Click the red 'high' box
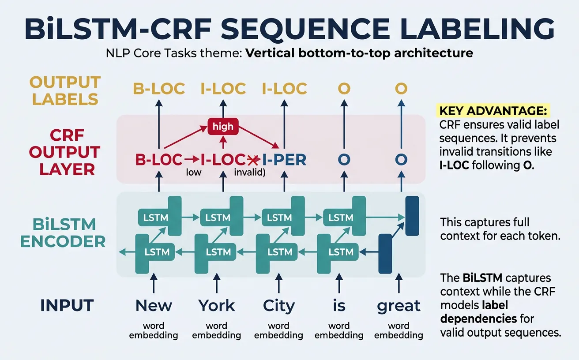point(223,127)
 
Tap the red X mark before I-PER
point(253,160)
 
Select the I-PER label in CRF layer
point(284,160)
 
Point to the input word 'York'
point(216,305)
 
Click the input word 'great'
point(399,305)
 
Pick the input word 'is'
point(339,305)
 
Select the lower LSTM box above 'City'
point(279,252)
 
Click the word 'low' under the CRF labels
point(193,172)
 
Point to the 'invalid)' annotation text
point(249,172)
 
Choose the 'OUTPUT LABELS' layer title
point(65,90)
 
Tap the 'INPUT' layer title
point(67,305)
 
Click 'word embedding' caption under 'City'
point(278,331)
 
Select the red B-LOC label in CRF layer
point(159,160)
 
